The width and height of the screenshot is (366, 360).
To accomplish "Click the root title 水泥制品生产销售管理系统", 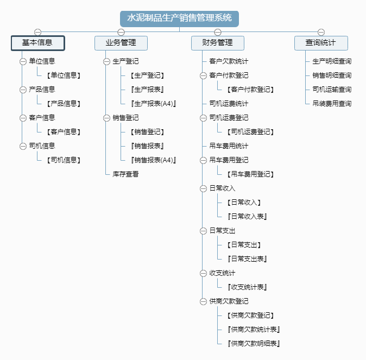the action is pyautogui.click(x=179, y=18).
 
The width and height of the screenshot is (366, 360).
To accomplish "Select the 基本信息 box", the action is pyautogui.click(x=38, y=43).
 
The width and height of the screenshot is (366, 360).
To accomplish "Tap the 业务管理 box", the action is pyautogui.click(x=121, y=43).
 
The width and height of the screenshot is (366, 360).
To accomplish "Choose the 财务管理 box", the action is pyautogui.click(x=218, y=43).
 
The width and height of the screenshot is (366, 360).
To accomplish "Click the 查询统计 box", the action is pyautogui.click(x=321, y=43).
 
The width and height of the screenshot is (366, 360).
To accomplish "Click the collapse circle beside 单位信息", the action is pyautogui.click(x=23, y=62).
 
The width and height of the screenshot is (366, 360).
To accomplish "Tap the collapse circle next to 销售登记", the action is pyautogui.click(x=106, y=118).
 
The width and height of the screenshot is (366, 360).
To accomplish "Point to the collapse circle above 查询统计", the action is pyautogui.click(x=321, y=32).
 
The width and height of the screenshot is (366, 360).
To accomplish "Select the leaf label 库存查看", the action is pyautogui.click(x=125, y=174).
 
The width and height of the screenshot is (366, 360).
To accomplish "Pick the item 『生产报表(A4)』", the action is pyautogui.click(x=153, y=104).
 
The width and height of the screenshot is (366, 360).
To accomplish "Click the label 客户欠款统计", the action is pyautogui.click(x=229, y=61).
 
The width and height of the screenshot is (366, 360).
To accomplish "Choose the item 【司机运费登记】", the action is pyautogui.click(x=250, y=132).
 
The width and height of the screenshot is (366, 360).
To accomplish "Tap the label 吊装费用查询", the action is pyautogui.click(x=332, y=104).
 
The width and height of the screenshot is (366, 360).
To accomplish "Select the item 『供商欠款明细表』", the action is pyautogui.click(x=254, y=344).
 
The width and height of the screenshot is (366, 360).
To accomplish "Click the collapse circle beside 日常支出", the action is pyautogui.click(x=203, y=231).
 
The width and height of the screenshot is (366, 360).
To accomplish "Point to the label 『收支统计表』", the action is pyautogui.click(x=247, y=287).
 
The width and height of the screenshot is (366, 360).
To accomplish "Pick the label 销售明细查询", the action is pyautogui.click(x=332, y=75).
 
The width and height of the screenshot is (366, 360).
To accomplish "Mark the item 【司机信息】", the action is pyautogui.click(x=64, y=160).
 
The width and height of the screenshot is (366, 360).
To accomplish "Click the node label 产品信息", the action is pyautogui.click(x=42, y=90).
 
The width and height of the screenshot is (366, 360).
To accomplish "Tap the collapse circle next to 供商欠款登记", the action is pyautogui.click(x=203, y=302).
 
